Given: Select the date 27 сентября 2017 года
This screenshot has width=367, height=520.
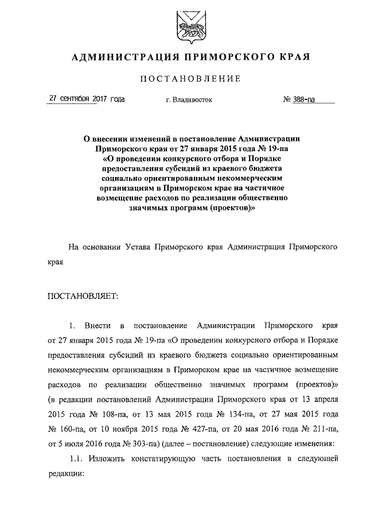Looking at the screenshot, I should (x=87, y=99).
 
